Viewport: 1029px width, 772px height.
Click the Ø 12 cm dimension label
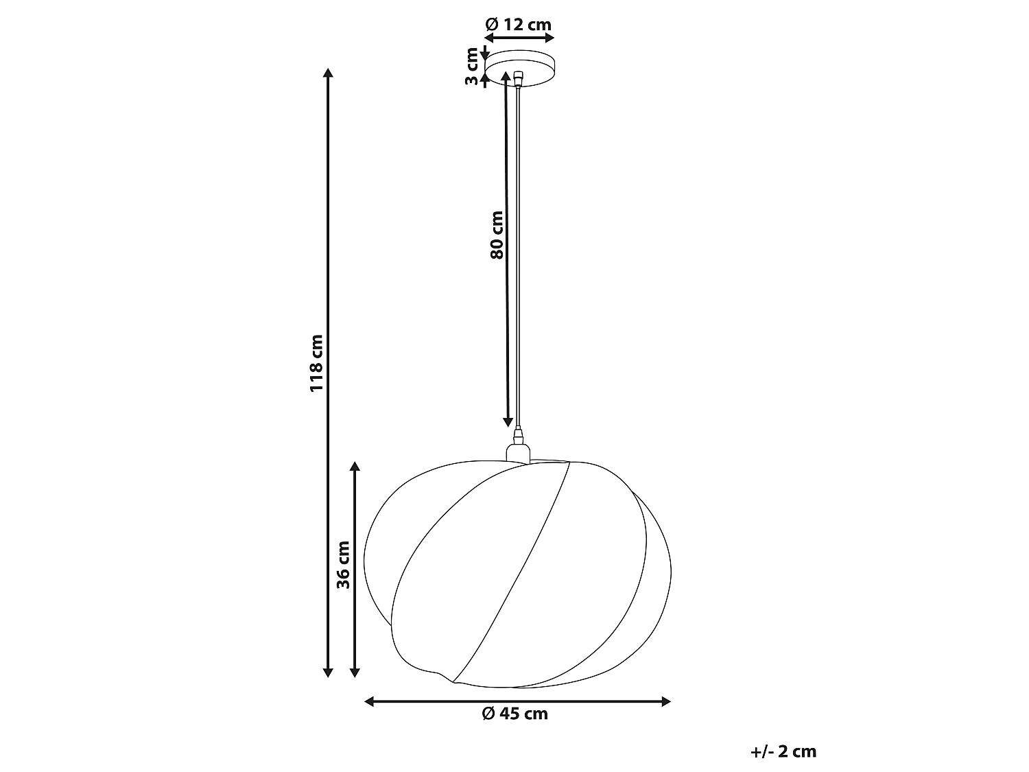tap(519, 24)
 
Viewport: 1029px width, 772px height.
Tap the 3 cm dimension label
tap(471, 66)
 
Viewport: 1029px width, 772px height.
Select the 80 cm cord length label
tap(497, 235)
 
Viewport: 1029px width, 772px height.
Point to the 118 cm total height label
tap(317, 363)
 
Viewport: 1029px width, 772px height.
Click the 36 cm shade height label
tap(343, 565)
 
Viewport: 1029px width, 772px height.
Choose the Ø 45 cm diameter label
tap(514, 714)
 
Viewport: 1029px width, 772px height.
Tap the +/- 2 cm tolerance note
tap(783, 751)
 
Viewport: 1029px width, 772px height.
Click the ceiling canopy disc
tap(520, 69)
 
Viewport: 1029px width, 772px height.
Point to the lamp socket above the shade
tap(518, 453)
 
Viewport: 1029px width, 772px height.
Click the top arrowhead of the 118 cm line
tap(328, 73)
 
